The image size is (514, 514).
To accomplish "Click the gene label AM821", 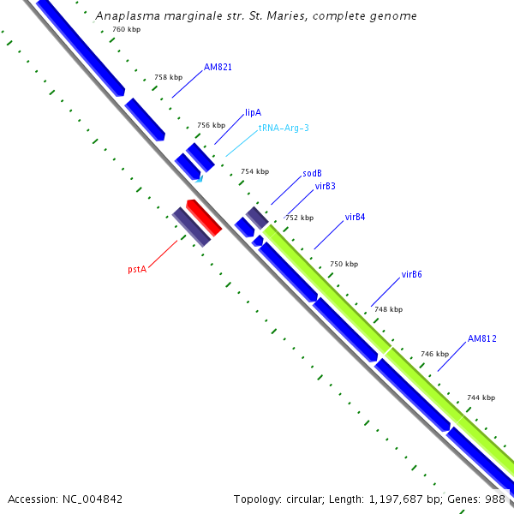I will [x=218, y=67].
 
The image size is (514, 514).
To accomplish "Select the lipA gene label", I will [x=253, y=112].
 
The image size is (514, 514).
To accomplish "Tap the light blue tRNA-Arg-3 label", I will [x=284, y=128].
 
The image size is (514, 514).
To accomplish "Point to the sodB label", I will [x=312, y=174].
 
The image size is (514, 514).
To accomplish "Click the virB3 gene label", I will [x=325, y=186].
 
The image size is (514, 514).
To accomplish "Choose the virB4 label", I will [x=355, y=218].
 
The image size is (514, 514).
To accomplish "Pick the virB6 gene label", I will [x=411, y=275].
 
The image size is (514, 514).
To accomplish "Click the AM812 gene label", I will [x=482, y=339].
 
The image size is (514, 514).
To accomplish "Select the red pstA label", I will [x=137, y=269].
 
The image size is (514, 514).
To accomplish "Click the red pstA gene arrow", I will [x=205, y=218].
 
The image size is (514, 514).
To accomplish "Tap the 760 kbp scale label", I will [x=127, y=30].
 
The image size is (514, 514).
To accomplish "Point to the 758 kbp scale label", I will [x=168, y=78].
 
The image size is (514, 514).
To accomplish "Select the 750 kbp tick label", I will [x=344, y=264].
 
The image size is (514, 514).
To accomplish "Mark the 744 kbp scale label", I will [x=481, y=397].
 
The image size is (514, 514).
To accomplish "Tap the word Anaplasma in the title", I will [x=125, y=15].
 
